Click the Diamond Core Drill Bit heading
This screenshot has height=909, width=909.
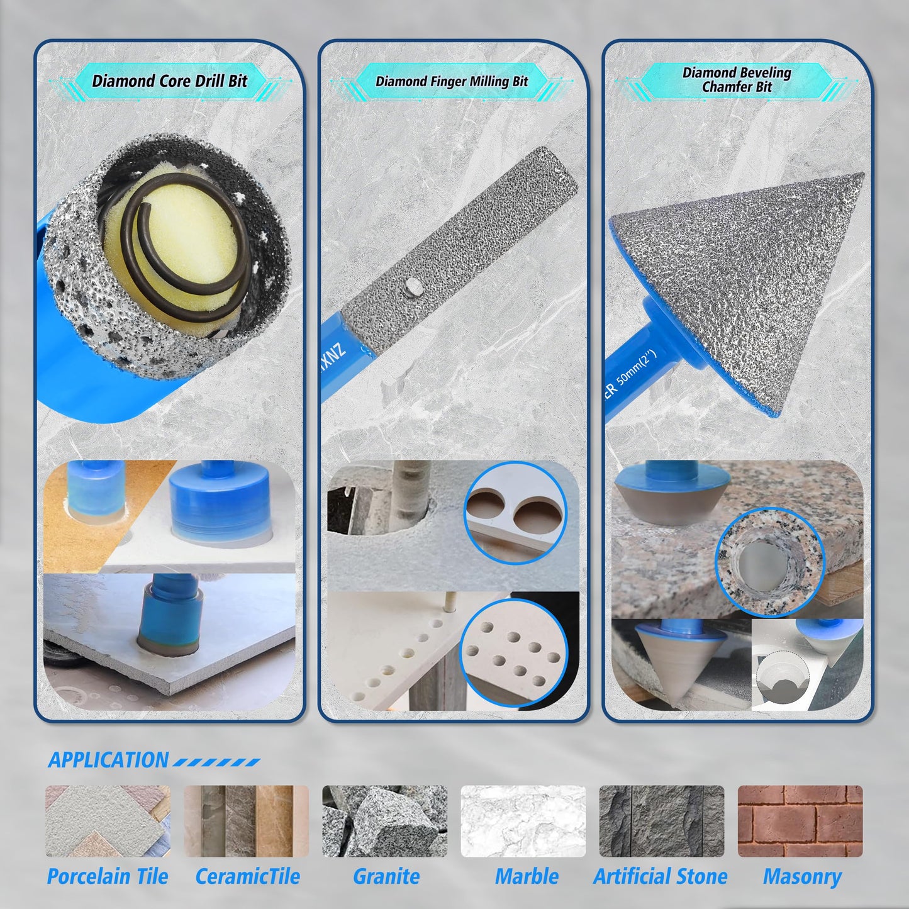tap(170, 81)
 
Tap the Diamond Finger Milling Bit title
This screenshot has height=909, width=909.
tap(452, 81)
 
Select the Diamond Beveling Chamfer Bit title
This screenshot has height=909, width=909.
tap(737, 80)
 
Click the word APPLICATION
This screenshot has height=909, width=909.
tap(109, 760)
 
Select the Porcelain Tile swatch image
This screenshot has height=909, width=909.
tap(108, 821)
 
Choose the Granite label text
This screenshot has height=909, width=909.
tap(386, 876)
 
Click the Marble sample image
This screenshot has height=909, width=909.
tap(523, 821)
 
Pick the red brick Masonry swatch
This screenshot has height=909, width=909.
tap(800, 821)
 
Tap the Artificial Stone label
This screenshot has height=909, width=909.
tap(661, 876)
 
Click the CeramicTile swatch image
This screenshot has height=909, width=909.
tap(247, 821)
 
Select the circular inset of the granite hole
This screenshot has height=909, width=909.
tap(769, 562)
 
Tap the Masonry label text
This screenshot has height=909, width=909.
tap(802, 876)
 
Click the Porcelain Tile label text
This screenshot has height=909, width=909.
tap(108, 876)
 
